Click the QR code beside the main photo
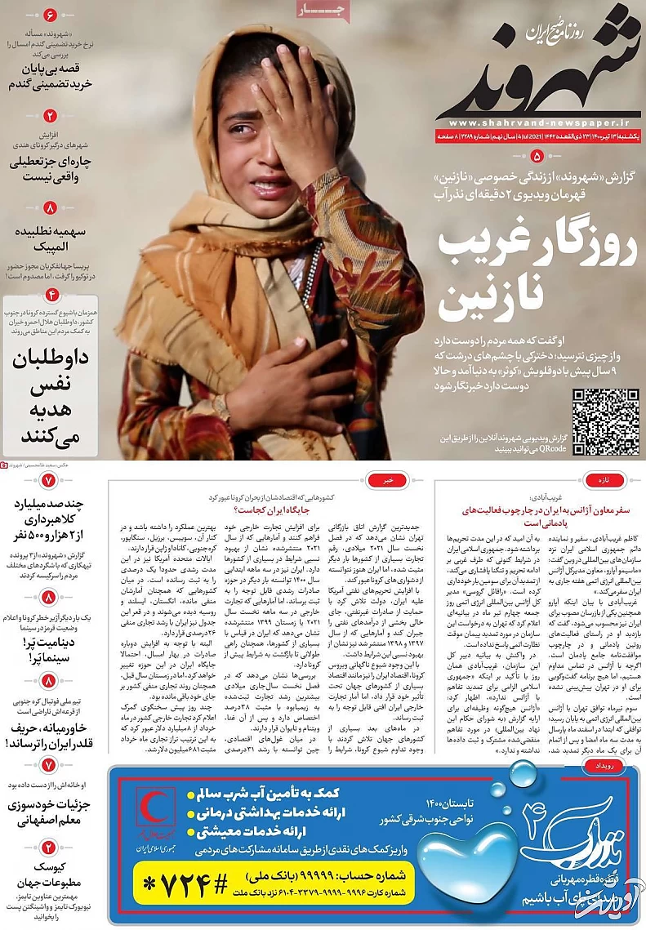(605, 421)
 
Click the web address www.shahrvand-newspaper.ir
(535, 123)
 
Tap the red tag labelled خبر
(390, 481)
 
